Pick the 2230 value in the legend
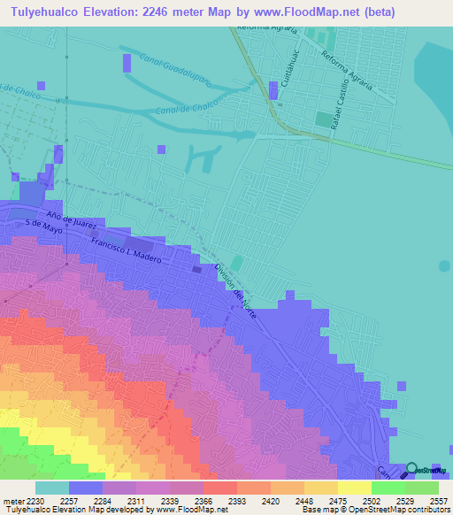tap(35, 500)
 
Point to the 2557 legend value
tap(438, 500)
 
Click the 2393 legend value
tap(236, 500)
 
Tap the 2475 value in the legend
tap(337, 500)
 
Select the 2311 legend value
tap(135, 500)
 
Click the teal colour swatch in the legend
tap(51, 488)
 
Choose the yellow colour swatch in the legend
tap(354, 488)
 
